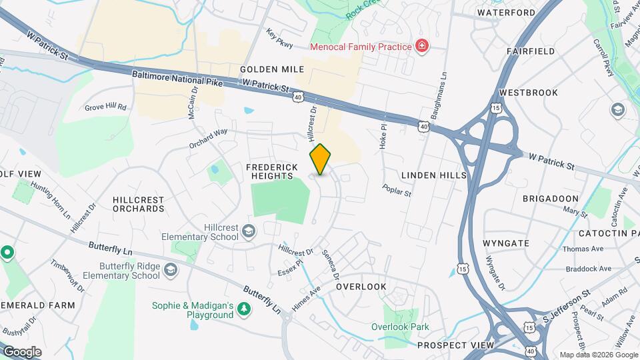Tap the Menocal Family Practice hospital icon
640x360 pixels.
[421, 46]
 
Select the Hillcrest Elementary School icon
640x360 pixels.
[249, 231]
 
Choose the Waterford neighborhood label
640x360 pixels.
[507, 13]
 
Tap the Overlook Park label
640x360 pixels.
[400, 327]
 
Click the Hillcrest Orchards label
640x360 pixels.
[139, 204]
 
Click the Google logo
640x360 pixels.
[22, 351]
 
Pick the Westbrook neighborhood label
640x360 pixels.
[527, 93]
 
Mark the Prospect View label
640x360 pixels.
[455, 345]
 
